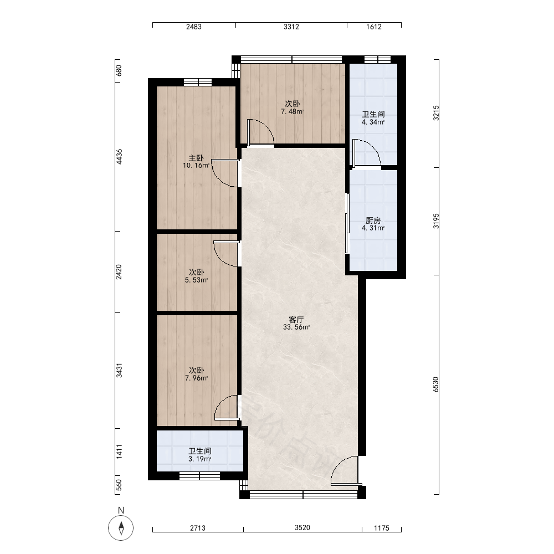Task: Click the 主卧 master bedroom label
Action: point(196,158)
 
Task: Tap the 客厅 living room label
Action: point(296,320)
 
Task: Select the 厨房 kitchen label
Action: point(373,221)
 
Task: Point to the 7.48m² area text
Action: point(292,112)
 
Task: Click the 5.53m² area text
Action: point(196,280)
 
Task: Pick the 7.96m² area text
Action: point(196,378)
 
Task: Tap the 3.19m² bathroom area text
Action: point(199,459)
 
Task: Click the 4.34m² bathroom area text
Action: point(373,122)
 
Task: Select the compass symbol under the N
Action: point(121,528)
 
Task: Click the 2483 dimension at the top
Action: point(193,27)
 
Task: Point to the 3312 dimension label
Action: point(291,27)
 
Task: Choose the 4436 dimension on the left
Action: point(120,157)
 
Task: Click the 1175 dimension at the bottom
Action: point(382,528)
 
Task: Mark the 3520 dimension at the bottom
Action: point(302,528)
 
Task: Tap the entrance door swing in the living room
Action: point(345,470)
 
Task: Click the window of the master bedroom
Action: point(198,82)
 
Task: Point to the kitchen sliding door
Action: point(347,223)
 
